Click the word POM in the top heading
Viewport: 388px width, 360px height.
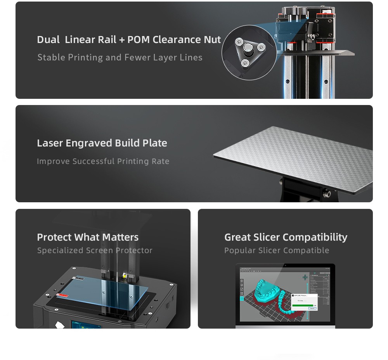[139, 40]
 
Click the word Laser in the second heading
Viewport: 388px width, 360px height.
[50, 143]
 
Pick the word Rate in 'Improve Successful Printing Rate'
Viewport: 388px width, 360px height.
[161, 161]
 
